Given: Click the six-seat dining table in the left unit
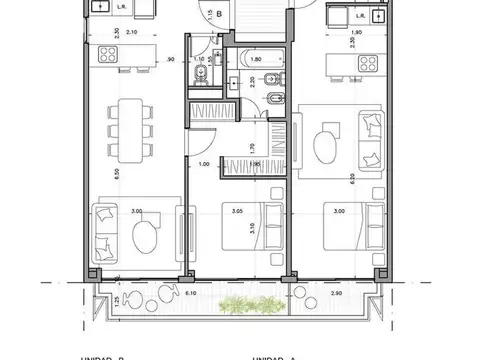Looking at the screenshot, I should pos(128,130).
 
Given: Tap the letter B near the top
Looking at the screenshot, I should pos(218,14).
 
